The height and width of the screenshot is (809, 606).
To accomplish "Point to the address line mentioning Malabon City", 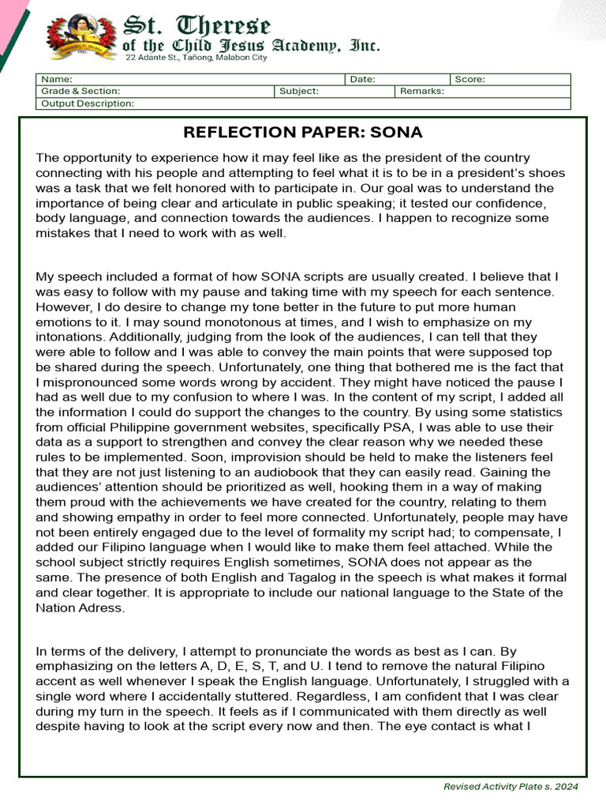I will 195,58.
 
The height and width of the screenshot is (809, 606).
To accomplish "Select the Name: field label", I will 57,80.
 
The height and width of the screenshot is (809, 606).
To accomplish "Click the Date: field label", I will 362,80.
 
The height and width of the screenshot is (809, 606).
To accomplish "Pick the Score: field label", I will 470,80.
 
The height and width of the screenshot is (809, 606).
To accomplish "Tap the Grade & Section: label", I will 80,92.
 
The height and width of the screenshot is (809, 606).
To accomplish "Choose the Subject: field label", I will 299,92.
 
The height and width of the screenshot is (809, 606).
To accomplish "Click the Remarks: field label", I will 422,92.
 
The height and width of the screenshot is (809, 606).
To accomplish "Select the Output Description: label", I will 88,103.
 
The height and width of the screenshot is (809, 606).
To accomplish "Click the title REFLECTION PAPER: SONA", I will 303,132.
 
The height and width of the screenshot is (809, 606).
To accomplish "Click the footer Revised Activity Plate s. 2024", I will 511,787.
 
